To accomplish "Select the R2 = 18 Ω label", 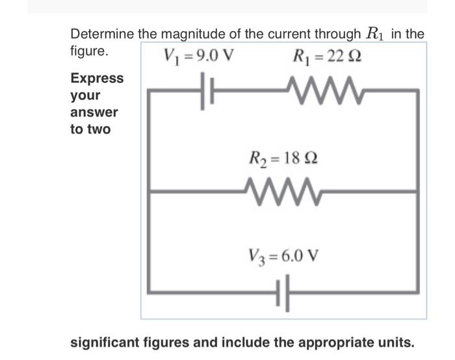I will point(284,158).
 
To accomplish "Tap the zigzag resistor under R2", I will point(285,191).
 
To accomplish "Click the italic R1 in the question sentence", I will point(374,34).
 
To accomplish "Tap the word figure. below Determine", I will point(89,49).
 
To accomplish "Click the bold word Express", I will point(97,79).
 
